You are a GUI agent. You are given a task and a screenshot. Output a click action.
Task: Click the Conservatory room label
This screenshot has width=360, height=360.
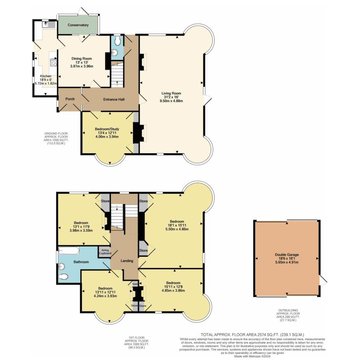(x=78, y=25)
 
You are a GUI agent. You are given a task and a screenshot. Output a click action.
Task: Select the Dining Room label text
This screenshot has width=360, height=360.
(x=81, y=58)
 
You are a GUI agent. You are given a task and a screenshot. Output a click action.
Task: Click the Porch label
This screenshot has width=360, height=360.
(x=70, y=99)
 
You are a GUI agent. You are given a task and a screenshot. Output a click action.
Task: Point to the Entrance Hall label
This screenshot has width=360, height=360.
(x=114, y=99)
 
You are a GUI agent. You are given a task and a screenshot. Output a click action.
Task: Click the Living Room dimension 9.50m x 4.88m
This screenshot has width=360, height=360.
(x=171, y=101)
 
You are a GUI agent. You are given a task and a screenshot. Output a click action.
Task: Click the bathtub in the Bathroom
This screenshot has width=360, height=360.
(x=69, y=251)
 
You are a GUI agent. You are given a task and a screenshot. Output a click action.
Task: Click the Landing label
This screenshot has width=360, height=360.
(x=127, y=261)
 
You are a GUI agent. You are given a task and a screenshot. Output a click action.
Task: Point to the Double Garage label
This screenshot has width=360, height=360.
(x=287, y=255)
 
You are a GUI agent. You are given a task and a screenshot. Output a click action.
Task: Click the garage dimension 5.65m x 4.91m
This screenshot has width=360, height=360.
(x=287, y=262)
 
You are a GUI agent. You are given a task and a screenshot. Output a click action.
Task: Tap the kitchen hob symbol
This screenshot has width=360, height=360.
(x=53, y=62)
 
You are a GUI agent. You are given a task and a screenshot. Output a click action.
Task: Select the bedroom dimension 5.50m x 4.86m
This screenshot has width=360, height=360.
(x=177, y=229)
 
